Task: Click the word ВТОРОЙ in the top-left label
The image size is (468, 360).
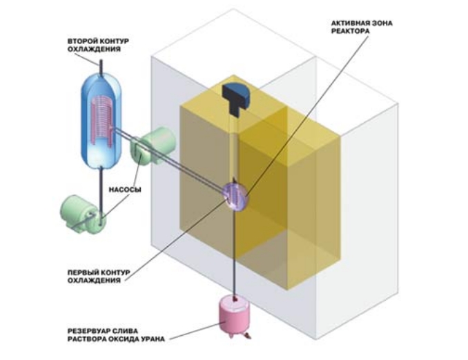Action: [80, 41]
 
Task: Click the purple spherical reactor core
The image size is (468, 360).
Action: [235, 194]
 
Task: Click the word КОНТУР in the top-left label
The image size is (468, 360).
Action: [114, 41]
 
